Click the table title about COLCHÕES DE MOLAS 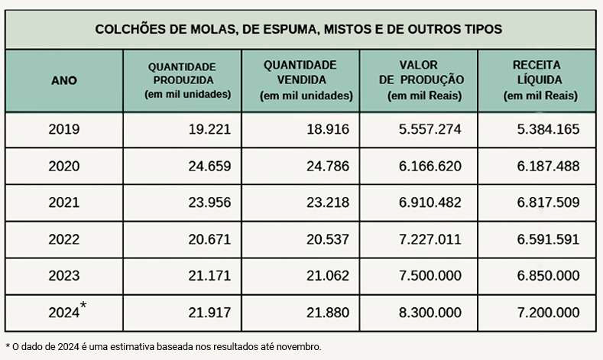[299, 29]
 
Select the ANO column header [63, 80]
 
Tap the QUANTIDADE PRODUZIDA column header [183, 79]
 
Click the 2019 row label [63, 129]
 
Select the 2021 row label [63, 203]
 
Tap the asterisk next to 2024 [83, 306]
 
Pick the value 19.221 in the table [209, 129]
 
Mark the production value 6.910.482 [430, 203]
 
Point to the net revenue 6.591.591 [548, 239]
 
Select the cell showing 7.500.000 [430, 276]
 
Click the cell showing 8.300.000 [430, 313]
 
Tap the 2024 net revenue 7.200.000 [548, 313]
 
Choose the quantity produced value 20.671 [209, 239]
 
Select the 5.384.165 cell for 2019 [548, 129]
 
